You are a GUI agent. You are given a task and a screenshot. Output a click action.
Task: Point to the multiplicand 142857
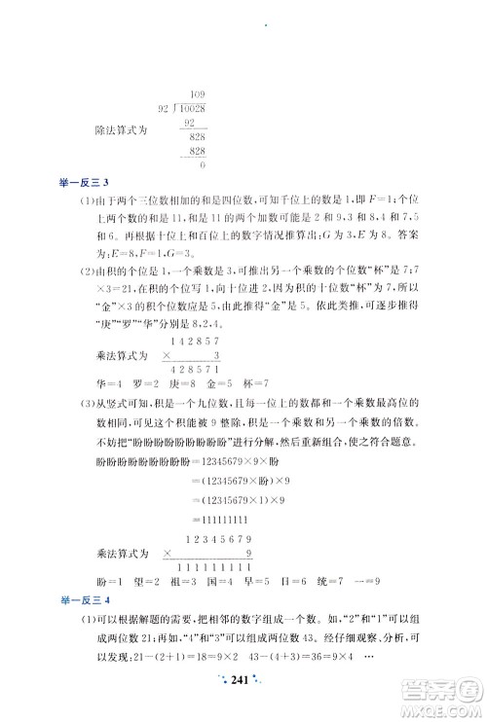coord(199,340)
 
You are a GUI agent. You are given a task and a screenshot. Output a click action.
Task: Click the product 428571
coord(199,370)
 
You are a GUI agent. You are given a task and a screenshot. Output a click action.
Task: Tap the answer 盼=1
coord(121,583)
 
